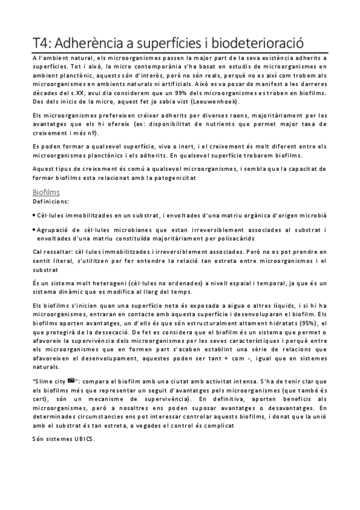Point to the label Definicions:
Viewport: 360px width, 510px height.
coord(50,202)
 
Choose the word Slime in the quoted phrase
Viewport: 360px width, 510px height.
coord(46,381)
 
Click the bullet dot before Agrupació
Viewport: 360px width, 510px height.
coord(34,230)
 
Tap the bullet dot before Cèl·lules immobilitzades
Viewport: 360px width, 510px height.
coord(34,214)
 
